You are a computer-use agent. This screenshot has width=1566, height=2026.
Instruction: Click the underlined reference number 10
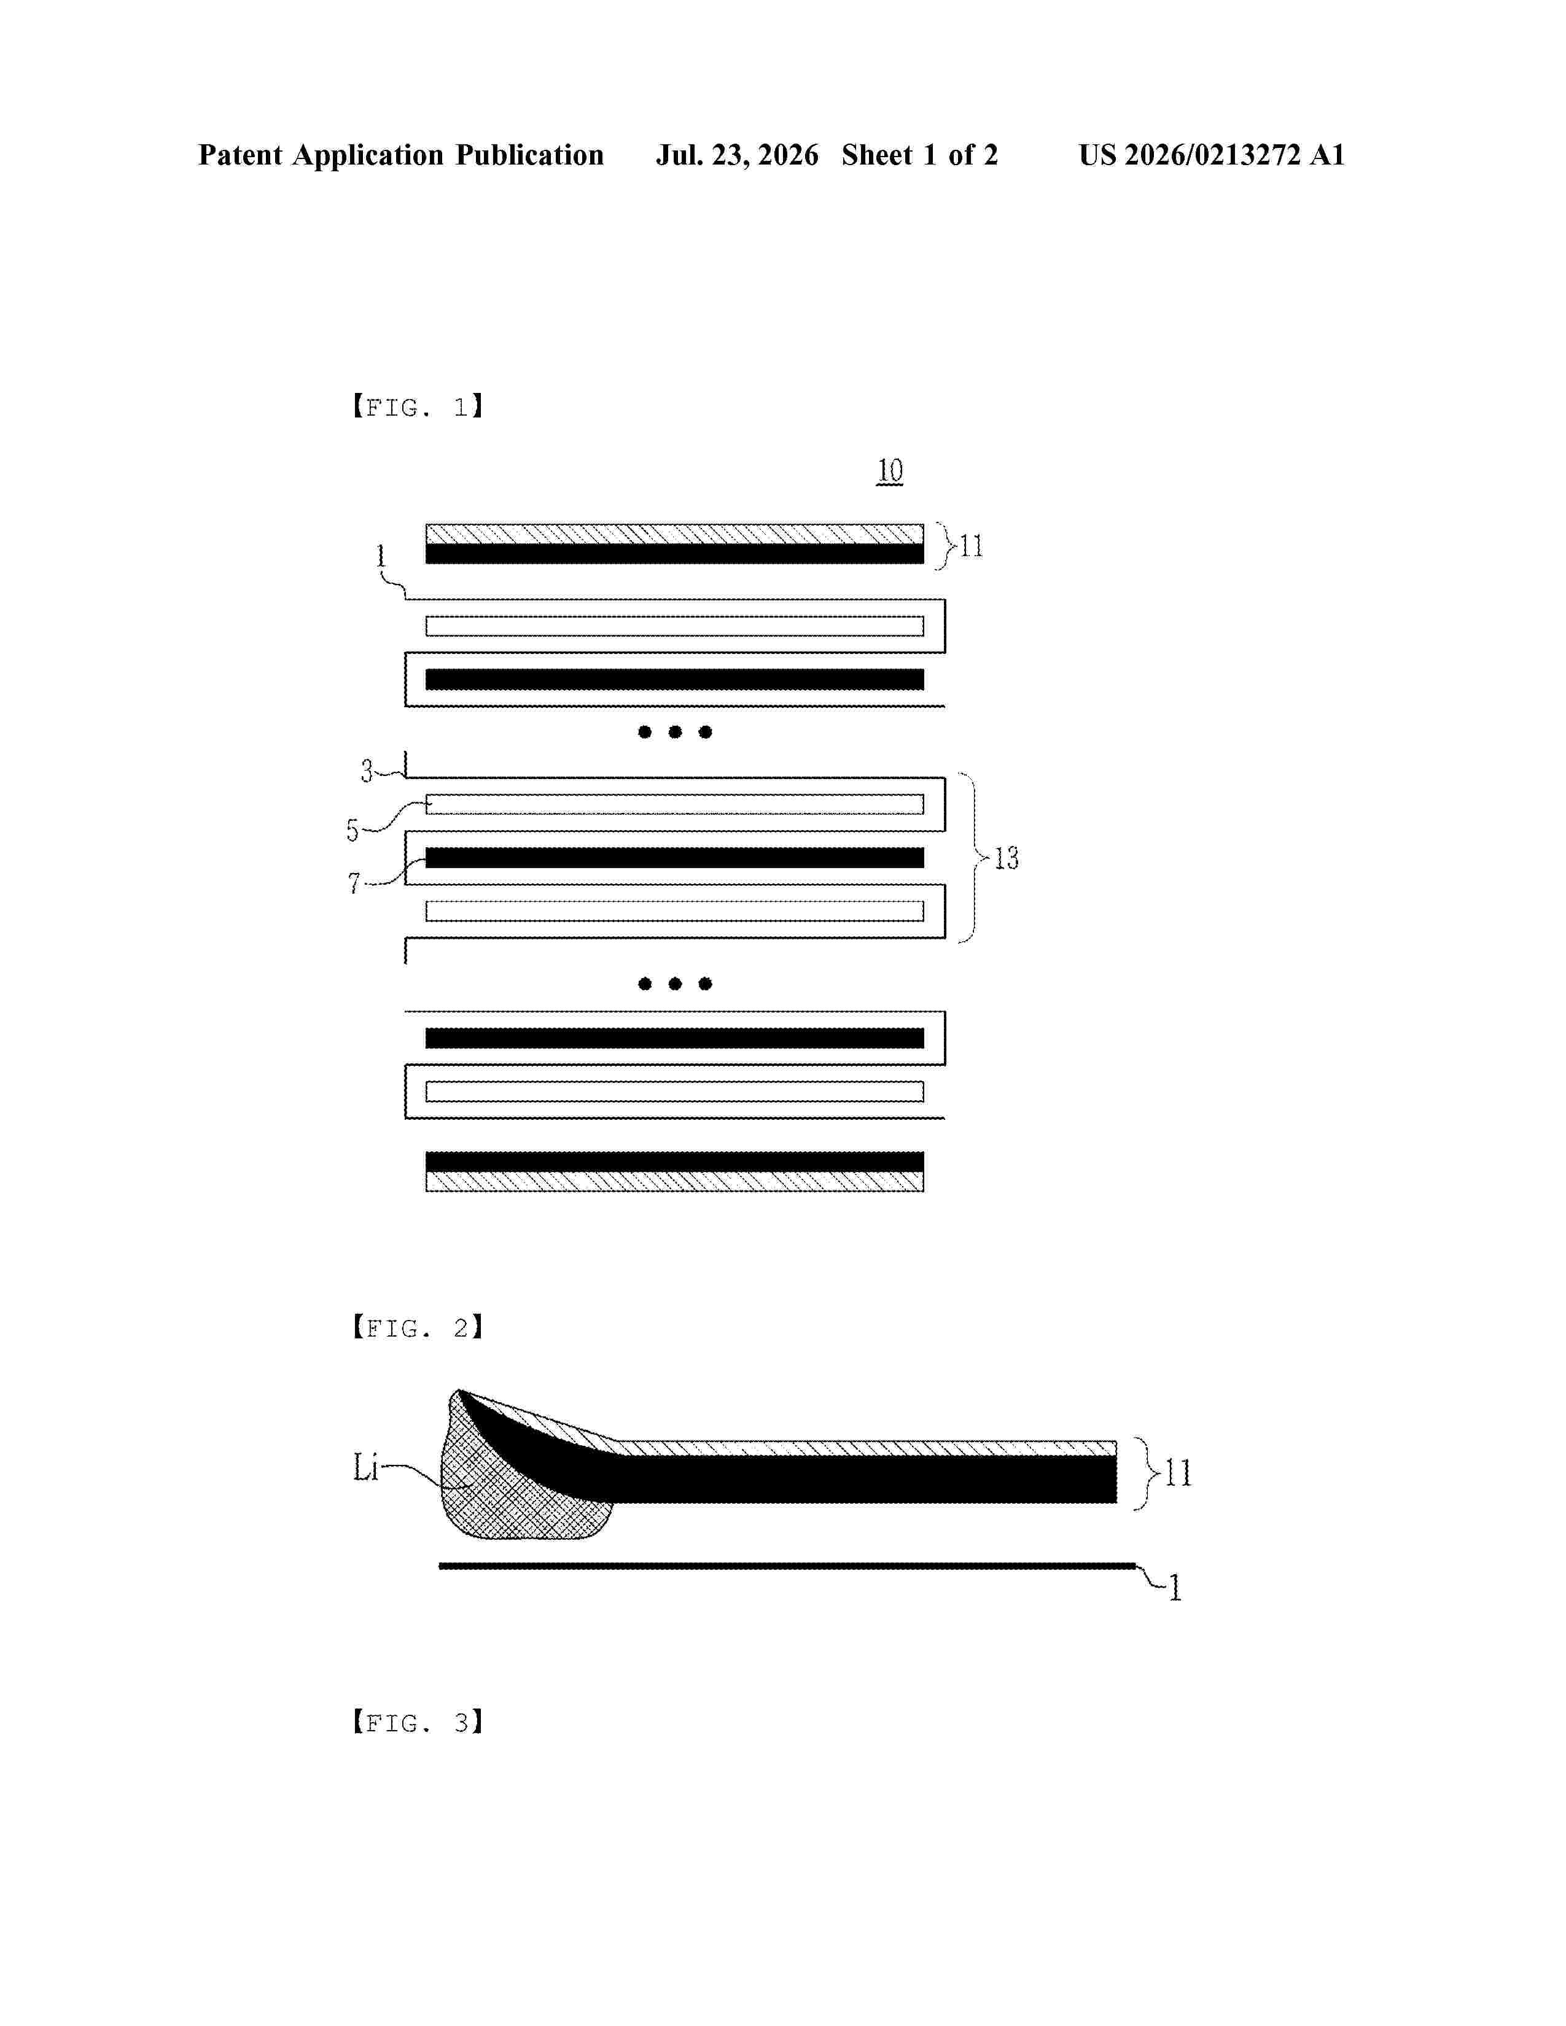(x=890, y=472)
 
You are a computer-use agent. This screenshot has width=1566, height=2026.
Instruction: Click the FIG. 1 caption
(x=418, y=407)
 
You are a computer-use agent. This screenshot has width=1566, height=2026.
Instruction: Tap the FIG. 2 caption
(x=418, y=1329)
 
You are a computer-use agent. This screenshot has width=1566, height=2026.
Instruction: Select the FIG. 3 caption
(x=418, y=1723)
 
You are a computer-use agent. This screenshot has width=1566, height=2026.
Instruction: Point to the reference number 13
(x=1006, y=858)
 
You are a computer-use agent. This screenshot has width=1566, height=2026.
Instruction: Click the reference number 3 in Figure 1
(x=367, y=771)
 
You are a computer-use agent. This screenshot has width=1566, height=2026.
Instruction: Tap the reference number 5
(x=353, y=830)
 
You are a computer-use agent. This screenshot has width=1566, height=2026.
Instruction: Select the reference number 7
(x=354, y=883)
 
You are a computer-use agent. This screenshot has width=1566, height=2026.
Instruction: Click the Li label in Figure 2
(x=365, y=1467)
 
